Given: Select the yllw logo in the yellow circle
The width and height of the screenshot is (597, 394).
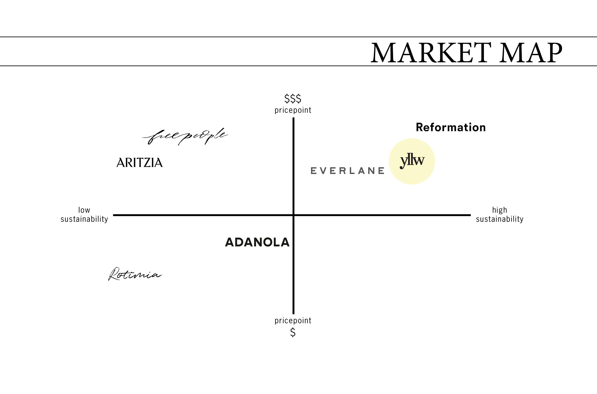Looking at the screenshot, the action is click(412, 161).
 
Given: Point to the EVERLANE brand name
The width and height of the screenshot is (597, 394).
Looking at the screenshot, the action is click(347, 171).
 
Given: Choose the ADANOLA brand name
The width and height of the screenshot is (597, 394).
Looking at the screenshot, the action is click(257, 242).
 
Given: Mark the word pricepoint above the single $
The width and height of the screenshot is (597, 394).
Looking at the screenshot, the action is click(293, 321).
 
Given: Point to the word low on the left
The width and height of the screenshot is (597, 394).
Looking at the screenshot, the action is click(84, 210).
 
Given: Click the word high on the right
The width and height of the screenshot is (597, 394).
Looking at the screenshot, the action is click(500, 210).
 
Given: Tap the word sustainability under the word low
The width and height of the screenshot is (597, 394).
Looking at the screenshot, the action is click(84, 219).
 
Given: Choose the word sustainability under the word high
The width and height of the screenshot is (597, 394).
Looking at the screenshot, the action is click(500, 219).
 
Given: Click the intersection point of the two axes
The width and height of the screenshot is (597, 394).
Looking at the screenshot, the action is click(293, 215).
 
